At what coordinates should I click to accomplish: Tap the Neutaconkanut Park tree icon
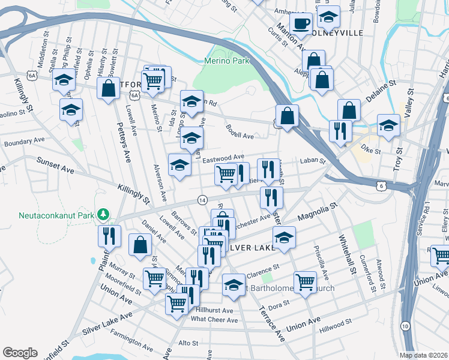104,214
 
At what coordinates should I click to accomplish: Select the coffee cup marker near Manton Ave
301,23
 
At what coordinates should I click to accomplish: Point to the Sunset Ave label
56,166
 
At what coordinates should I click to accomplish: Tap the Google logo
20,352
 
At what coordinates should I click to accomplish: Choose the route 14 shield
203,199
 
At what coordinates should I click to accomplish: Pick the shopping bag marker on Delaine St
349,111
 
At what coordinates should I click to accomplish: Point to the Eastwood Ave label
223,156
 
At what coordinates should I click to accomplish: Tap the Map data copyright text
423,355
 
